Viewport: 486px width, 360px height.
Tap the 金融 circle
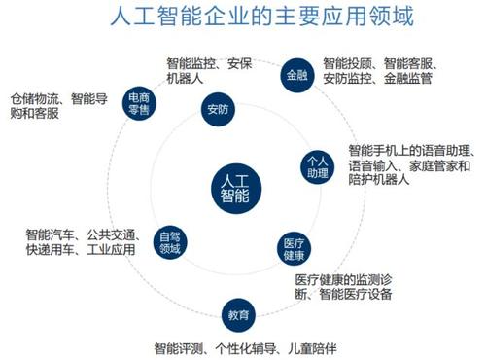(x=295, y=74)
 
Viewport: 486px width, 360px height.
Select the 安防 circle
(x=217, y=109)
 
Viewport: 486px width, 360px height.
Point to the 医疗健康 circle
(x=293, y=247)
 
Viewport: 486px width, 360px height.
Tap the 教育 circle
(x=240, y=316)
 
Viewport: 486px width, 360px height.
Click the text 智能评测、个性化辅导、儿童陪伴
(x=243, y=346)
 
